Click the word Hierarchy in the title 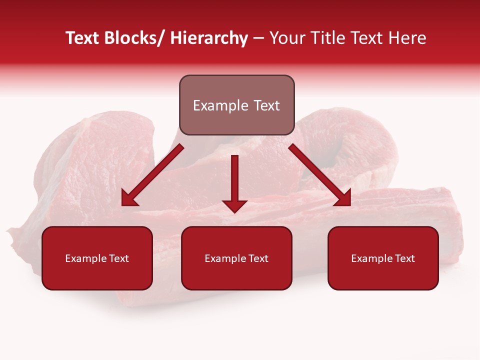[x=209, y=38]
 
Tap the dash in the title [x=258, y=38]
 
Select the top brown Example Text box [x=236, y=105]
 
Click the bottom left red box [x=97, y=258]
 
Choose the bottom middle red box [x=236, y=258]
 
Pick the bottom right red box [x=383, y=258]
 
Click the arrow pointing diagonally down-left [x=152, y=175]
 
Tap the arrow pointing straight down [x=234, y=182]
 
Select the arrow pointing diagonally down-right [x=319, y=175]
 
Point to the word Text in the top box [x=266, y=105]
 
